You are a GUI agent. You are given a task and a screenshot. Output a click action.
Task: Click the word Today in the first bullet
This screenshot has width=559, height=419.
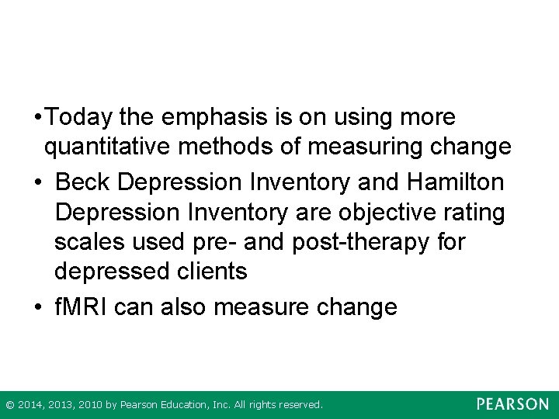pyautogui.click(x=80, y=118)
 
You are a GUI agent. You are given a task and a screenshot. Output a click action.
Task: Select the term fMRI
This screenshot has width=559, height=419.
pyautogui.click(x=81, y=307)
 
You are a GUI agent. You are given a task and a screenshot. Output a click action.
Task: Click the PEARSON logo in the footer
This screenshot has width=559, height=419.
pyautogui.click(x=512, y=404)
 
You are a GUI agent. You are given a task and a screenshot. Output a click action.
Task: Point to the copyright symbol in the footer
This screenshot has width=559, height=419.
pyautogui.click(x=9, y=405)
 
